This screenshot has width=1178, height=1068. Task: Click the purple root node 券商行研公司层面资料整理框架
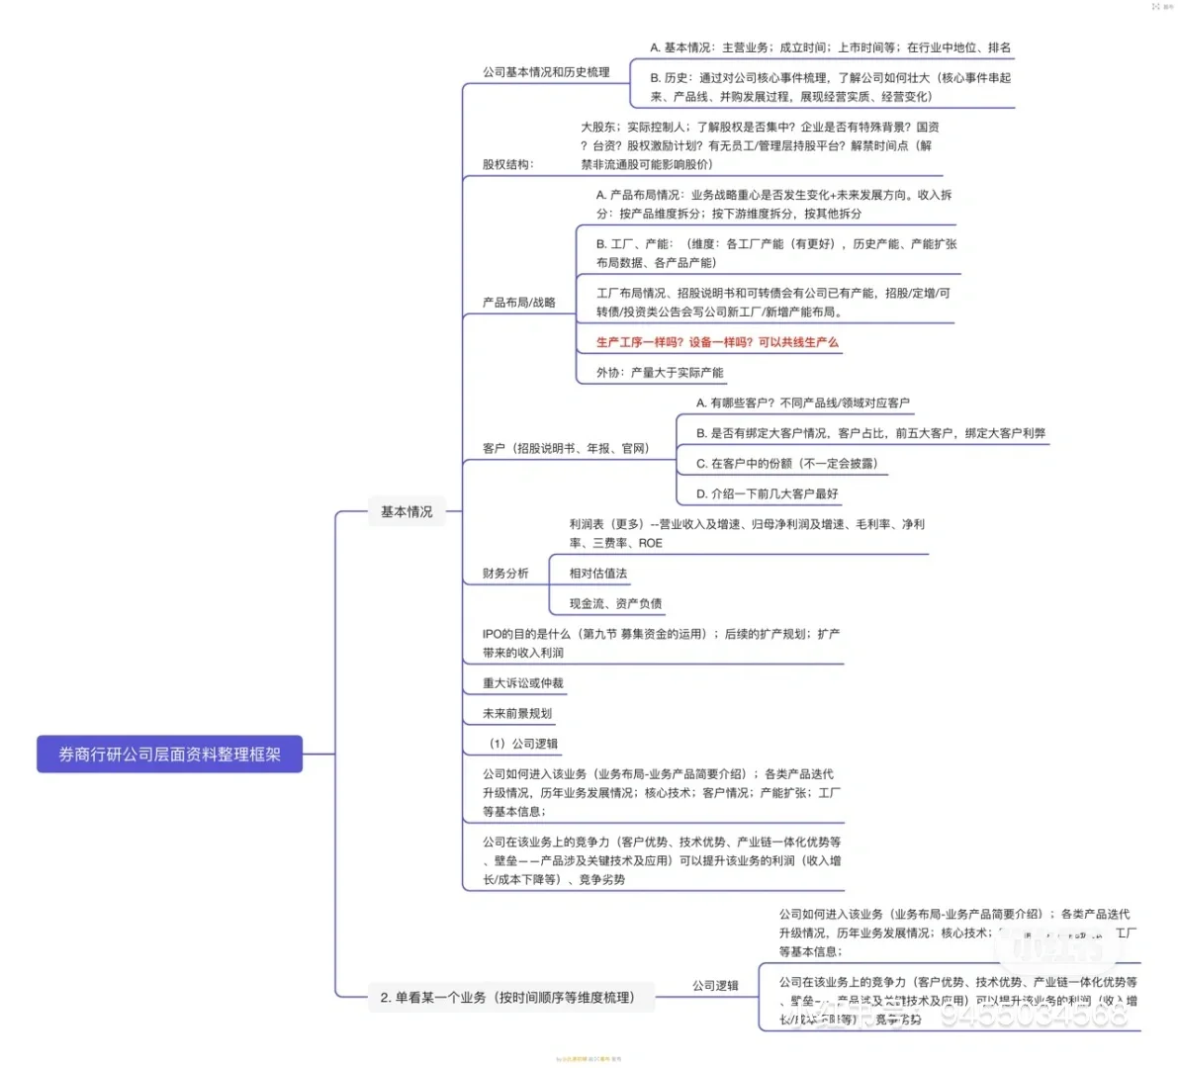pyautogui.click(x=169, y=755)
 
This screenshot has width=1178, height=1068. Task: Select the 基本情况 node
pyautogui.click(x=407, y=511)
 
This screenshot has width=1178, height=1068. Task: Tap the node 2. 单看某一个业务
pyautogui.click(x=506, y=998)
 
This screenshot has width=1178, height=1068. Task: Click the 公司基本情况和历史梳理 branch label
pyautogui.click(x=546, y=72)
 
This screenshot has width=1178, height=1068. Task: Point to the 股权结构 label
pyautogui.click(x=507, y=164)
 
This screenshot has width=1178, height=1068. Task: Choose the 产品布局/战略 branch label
pyautogui.click(x=518, y=302)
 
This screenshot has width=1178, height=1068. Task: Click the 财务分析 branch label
pyautogui.click(x=505, y=574)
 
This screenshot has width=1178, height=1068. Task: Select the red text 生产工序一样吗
pyautogui.click(x=716, y=342)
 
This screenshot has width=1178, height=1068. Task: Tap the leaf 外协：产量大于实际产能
pyautogui.click(x=660, y=373)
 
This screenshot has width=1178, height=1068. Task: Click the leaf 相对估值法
pyautogui.click(x=597, y=574)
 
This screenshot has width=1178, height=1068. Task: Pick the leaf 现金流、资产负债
pyautogui.click(x=615, y=603)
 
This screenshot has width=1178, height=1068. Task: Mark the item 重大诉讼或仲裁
pyautogui.click(x=522, y=683)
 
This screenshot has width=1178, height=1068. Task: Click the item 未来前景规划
pyautogui.click(x=516, y=713)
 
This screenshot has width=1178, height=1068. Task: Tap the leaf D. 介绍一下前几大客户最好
pyautogui.click(x=767, y=493)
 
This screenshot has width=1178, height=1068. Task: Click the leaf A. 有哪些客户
pyautogui.click(x=802, y=402)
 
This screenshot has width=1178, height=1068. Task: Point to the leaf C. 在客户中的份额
pyautogui.click(x=786, y=463)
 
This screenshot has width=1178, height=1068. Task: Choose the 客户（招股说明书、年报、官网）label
pyautogui.click(x=565, y=448)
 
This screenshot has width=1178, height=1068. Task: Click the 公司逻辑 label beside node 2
pyautogui.click(x=715, y=986)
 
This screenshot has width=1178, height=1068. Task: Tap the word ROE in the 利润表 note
pyautogui.click(x=651, y=543)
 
